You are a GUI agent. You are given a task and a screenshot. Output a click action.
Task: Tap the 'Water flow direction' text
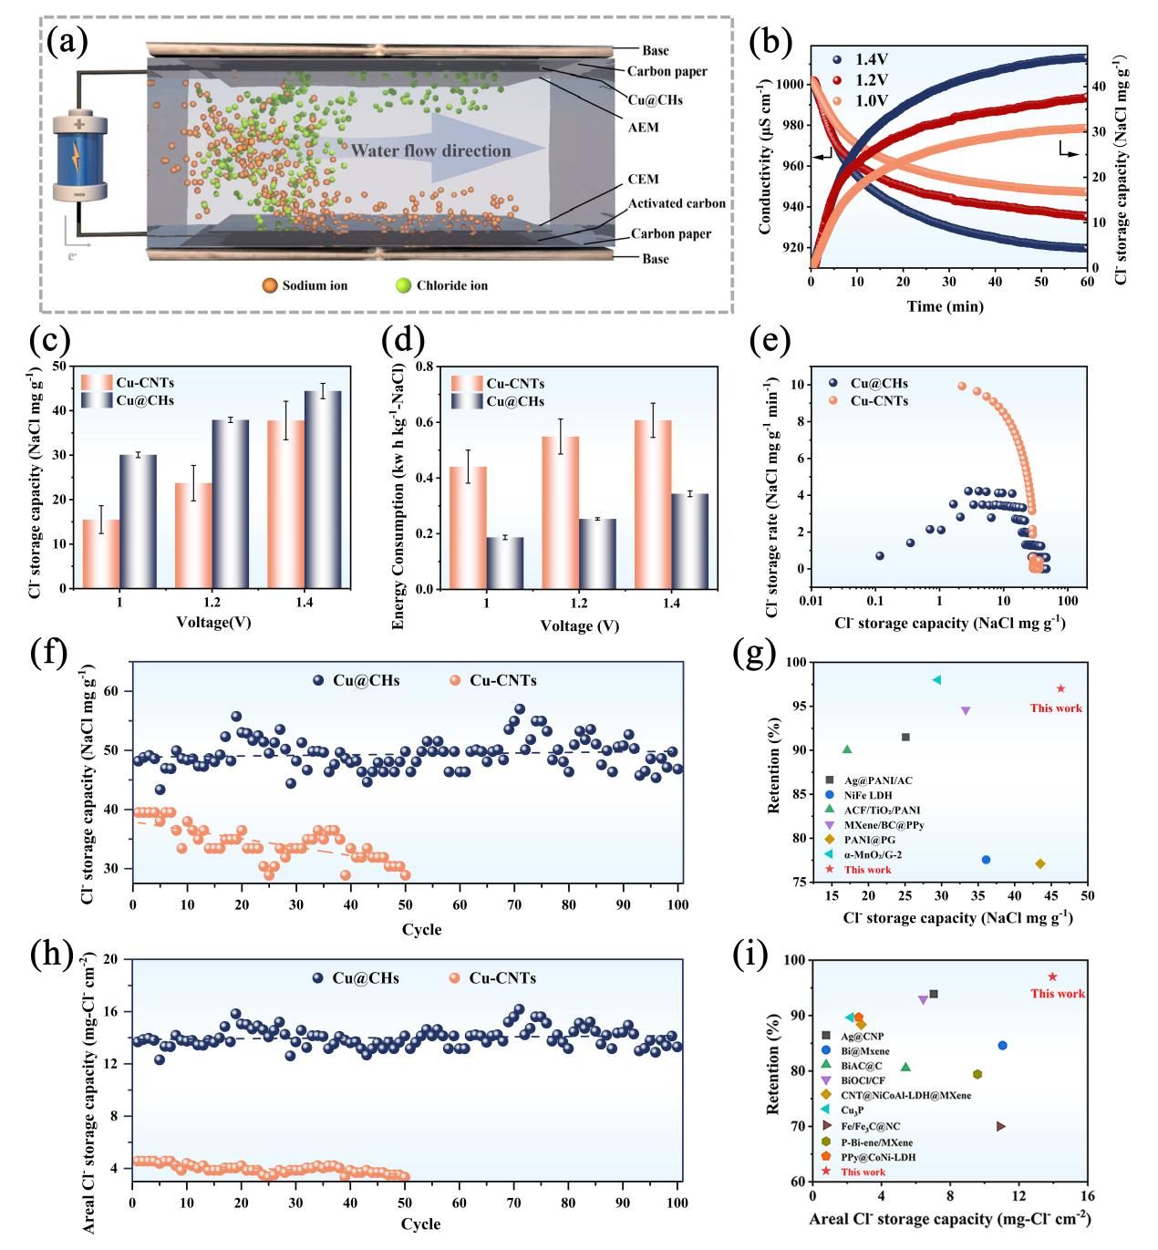[430, 150]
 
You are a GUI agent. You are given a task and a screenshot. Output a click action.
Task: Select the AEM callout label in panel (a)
[643, 128]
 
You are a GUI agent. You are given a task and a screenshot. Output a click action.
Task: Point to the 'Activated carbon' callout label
[677, 203]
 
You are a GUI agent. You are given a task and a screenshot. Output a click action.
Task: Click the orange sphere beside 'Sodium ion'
[269, 285]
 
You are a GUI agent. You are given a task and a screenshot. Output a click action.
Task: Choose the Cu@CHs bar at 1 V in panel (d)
[504, 563]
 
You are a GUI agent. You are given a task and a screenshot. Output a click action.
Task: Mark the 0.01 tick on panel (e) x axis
[811, 603]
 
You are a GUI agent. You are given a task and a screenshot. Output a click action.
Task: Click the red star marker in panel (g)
[1060, 688]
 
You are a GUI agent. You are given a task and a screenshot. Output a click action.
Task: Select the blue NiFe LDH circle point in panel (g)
[986, 860]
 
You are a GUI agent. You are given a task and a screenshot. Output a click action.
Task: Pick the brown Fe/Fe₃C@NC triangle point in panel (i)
[1001, 1126]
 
